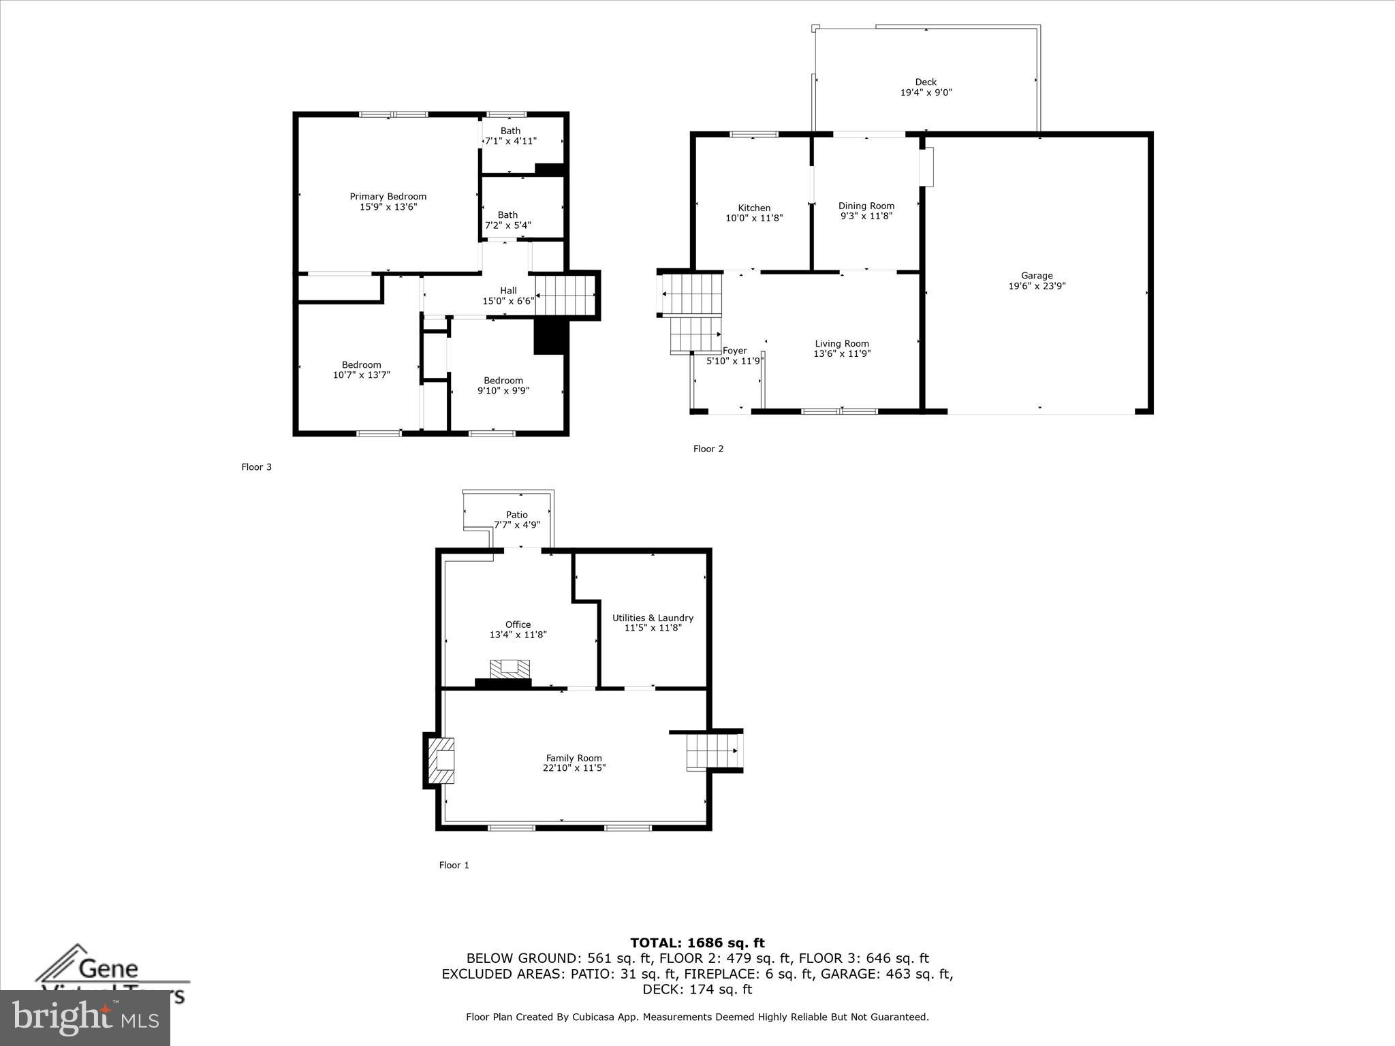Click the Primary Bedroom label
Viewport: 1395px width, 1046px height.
(x=388, y=197)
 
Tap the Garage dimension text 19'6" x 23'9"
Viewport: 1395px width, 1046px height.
(x=1037, y=286)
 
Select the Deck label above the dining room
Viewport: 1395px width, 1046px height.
(x=926, y=82)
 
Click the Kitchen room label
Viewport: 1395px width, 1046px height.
(x=754, y=208)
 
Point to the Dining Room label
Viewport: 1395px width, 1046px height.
(x=866, y=206)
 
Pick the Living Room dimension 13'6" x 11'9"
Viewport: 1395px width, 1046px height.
(x=842, y=353)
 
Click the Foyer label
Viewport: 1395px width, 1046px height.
(x=735, y=351)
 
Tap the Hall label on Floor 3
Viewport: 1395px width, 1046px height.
(x=508, y=291)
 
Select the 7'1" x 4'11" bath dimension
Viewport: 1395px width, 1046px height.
(x=511, y=141)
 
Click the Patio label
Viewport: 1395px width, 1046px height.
(x=517, y=515)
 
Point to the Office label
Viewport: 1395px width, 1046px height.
(x=518, y=624)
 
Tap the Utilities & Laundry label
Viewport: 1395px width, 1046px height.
(x=653, y=618)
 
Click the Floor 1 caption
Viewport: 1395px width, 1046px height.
(x=454, y=865)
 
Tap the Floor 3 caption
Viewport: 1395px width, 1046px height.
(x=256, y=467)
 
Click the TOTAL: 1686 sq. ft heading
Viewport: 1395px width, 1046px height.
(x=697, y=943)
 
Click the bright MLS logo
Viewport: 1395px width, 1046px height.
(x=85, y=1018)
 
